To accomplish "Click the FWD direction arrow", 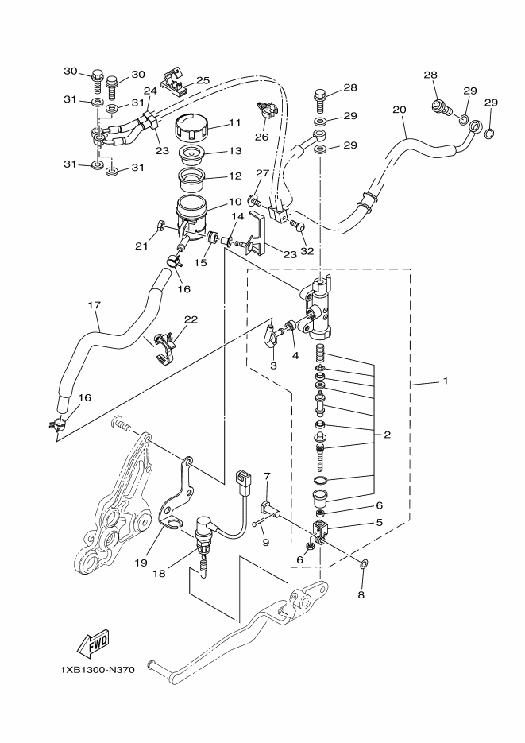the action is pos(93,643).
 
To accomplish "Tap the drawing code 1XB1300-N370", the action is pos(98,670).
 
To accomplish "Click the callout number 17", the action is pos(95,304).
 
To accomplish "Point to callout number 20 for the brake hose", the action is pos(400,110).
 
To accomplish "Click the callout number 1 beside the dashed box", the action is pos(445,381).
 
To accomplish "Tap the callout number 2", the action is pos(388,435).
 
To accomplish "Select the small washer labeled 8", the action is pos(364,564).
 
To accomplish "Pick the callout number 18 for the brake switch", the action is pos(159,574).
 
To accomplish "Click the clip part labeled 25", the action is pos(172,82).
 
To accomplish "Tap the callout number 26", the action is pos(261,137).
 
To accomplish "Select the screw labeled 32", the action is pos(298,227).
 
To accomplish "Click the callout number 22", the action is pos(191,320).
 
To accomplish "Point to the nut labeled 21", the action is pos(160,223).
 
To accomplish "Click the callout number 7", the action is pos(267,475).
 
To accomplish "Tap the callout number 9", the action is pos(265,542).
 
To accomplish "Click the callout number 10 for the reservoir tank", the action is pos(235,203).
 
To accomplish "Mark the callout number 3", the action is pos(274,366).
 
